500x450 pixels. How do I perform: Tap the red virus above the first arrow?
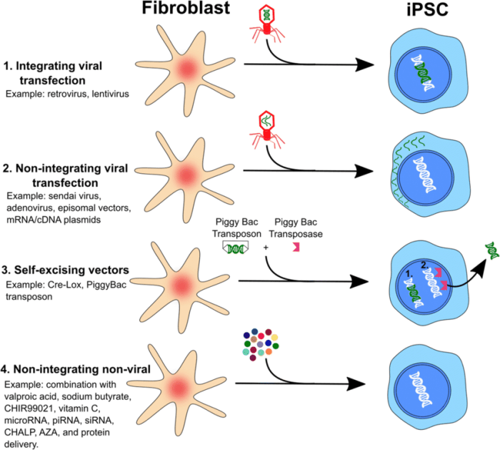[x=266, y=21]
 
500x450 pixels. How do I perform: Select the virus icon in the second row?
[x=265, y=129]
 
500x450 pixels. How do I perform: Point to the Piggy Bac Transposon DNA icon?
[x=238, y=246]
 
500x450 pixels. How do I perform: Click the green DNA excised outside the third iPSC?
[x=491, y=249]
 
